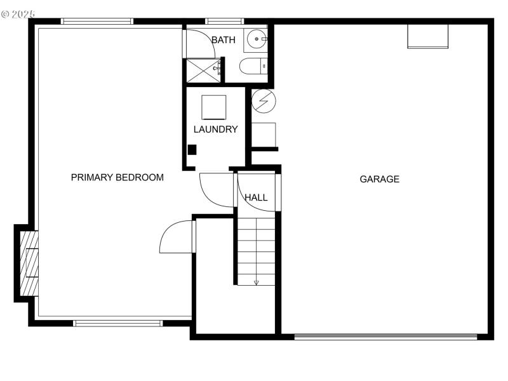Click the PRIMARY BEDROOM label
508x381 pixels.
point(117,177)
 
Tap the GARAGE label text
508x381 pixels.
point(380,179)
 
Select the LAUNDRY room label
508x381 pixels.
point(215,129)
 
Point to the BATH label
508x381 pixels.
point(223,40)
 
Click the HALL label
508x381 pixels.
point(256,197)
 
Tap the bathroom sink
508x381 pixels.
point(257,39)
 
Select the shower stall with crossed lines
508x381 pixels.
point(203,70)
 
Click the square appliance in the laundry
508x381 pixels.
point(214,107)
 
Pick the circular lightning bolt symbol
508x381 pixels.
point(264,100)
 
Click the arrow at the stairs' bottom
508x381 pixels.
point(256,282)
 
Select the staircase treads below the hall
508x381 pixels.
point(257,250)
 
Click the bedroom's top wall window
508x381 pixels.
point(97,21)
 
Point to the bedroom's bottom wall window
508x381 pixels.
point(118,323)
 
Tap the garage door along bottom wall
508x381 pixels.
point(385,337)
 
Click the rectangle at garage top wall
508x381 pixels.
point(427,36)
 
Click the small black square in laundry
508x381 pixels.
point(192,150)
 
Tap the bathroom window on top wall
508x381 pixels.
point(225,21)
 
